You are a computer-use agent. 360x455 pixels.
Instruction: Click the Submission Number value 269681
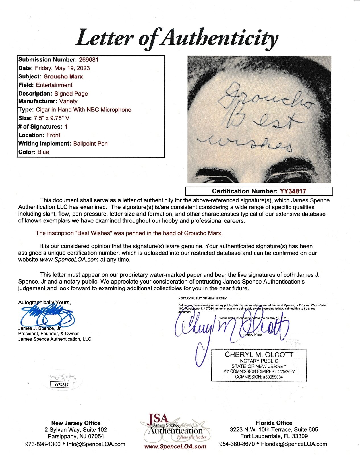point(88,60)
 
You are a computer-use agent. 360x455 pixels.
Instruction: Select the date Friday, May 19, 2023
point(62,68)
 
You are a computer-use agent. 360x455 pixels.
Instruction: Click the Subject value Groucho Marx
point(63,76)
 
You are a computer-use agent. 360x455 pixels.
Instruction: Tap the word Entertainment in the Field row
point(54,85)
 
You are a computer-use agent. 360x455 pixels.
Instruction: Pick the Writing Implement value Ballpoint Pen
point(90,144)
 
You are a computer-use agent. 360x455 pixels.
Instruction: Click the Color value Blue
point(43,152)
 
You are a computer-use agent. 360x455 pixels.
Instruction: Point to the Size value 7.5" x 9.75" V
point(51,118)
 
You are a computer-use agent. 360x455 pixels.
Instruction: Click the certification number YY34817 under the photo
point(293,191)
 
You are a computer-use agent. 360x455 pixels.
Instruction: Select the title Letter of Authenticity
point(177,38)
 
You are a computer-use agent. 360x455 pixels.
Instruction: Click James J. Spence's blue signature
point(47,316)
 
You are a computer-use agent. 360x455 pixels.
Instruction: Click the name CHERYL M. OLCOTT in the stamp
point(259,355)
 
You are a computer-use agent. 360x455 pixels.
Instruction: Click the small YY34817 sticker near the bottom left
point(61,385)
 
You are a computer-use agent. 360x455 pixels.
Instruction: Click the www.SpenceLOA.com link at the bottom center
point(175,446)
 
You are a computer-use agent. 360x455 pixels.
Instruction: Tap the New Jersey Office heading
point(76,423)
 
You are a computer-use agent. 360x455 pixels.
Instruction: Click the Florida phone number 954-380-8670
point(237,444)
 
